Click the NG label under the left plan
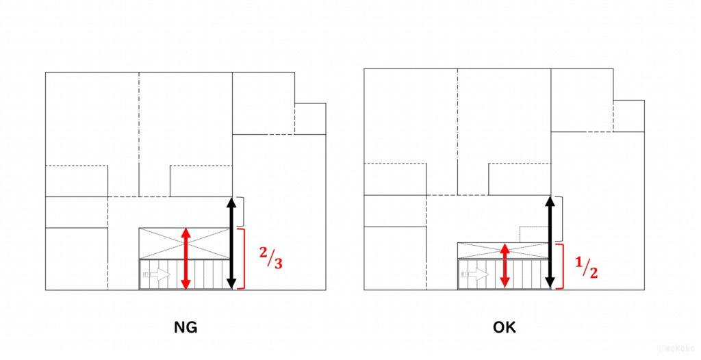[186, 327]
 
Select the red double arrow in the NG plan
[185, 259]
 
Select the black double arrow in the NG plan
[231, 243]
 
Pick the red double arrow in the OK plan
[504, 266]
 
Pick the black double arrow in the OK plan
[550, 243]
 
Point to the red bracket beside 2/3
[242, 259]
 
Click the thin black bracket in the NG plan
[242, 212]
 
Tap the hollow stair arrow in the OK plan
[476, 274]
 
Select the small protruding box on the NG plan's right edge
[310, 118]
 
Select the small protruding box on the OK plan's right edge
[628, 116]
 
